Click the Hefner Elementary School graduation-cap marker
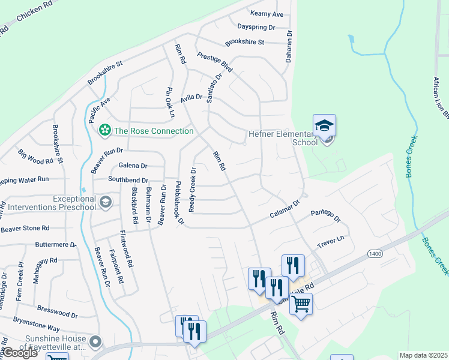[x=324, y=126]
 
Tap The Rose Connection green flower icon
[x=105, y=130]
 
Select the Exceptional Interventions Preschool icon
[x=106, y=202]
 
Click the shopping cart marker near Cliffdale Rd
[x=301, y=303]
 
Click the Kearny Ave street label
[x=266, y=14]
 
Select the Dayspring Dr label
[x=256, y=28]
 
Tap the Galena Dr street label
[x=133, y=166]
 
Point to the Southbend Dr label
[x=128, y=179]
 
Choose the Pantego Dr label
[x=325, y=215]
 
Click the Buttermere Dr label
[x=56, y=245]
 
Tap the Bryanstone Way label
[x=37, y=328]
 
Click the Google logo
[x=19, y=353]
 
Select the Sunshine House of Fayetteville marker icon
[x=95, y=342]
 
